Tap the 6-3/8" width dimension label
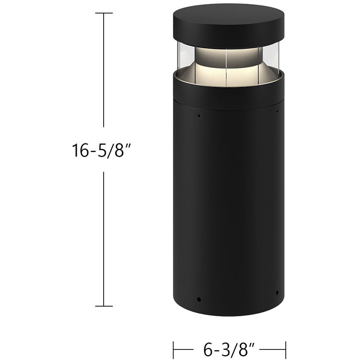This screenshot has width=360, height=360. (x=229, y=346)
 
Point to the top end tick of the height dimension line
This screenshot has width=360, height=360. (x=104, y=13)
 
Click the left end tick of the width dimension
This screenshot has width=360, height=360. (x=174, y=346)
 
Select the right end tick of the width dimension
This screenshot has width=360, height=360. (x=285, y=346)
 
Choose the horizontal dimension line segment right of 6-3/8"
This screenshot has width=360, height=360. (x=276, y=346)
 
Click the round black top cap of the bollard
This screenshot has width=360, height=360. (x=228, y=24)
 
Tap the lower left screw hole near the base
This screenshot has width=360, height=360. (x=198, y=299)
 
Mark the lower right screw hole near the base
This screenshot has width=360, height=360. (x=277, y=292)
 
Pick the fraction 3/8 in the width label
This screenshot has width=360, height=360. (x=239, y=346)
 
